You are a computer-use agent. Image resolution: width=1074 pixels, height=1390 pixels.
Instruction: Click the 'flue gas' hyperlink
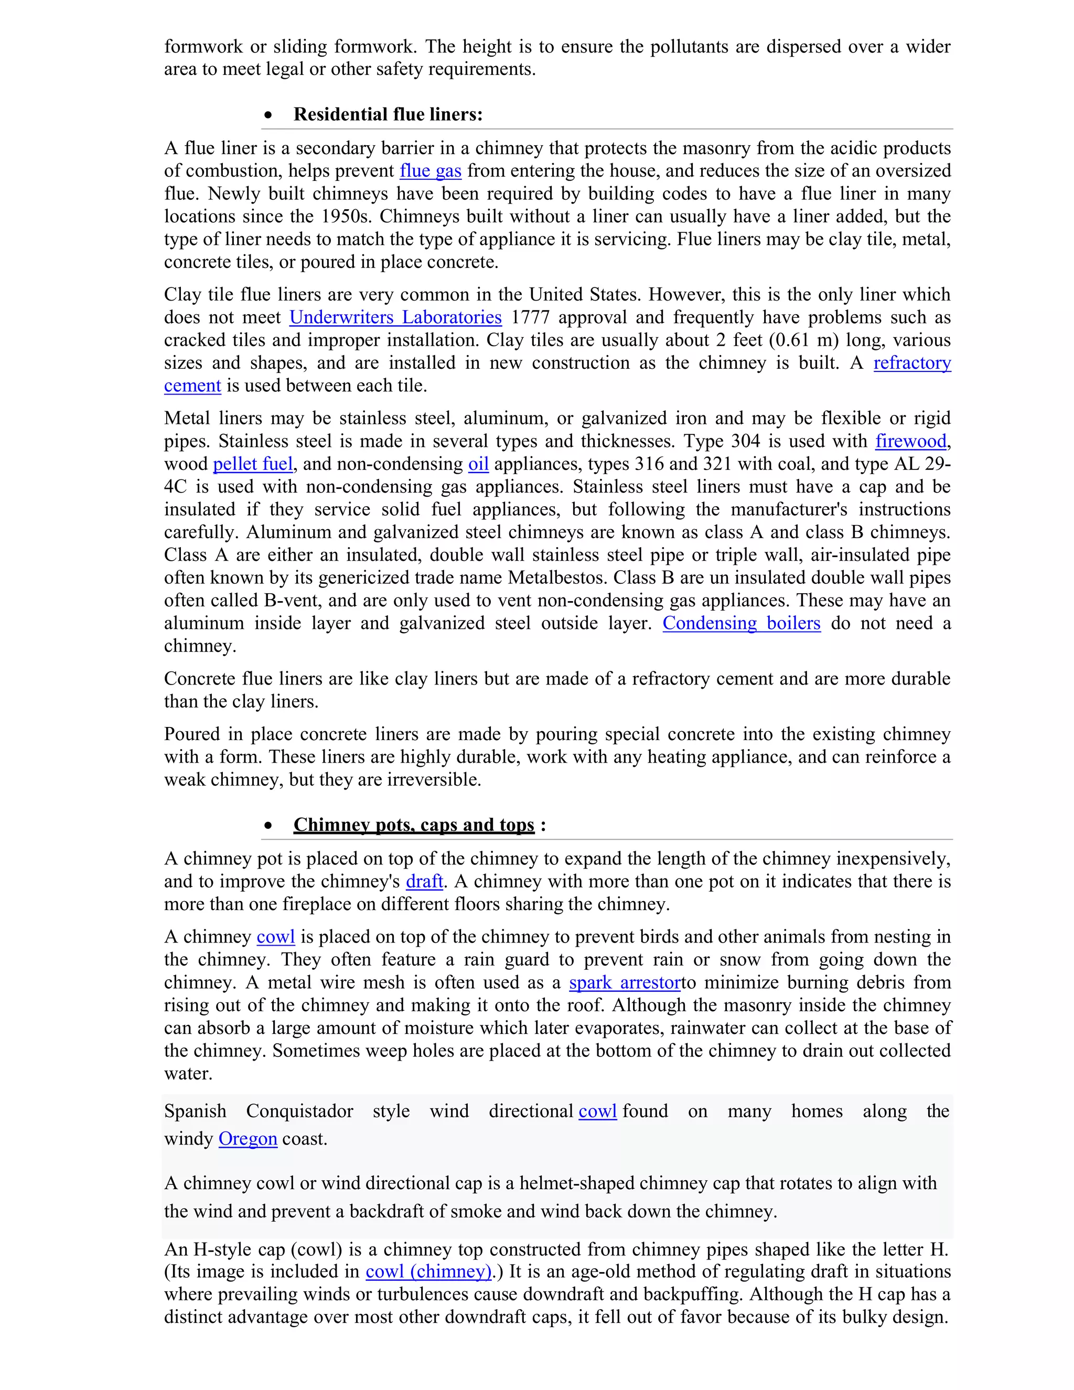pos(430,170)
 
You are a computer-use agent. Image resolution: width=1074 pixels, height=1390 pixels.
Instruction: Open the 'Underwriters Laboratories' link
pos(395,317)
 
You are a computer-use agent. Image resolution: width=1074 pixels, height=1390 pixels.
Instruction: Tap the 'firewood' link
pos(910,441)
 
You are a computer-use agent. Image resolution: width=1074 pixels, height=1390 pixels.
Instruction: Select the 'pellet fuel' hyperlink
pos(253,464)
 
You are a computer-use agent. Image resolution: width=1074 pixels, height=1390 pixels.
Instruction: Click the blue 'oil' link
pos(478,464)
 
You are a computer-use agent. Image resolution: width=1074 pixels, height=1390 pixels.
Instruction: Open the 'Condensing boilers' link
pos(741,623)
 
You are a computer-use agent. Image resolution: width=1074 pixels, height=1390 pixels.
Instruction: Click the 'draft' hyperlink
pos(424,882)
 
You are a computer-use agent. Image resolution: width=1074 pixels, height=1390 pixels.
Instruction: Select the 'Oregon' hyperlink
pos(248,1139)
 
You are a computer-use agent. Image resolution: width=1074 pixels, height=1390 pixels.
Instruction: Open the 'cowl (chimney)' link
pos(428,1271)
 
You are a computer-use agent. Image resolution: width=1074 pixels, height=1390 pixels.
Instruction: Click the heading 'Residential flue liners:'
pos(388,114)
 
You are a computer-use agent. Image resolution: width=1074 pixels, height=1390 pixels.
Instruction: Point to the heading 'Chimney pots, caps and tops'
pos(414,825)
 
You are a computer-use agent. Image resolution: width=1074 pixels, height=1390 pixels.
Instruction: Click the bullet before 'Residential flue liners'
pos(268,115)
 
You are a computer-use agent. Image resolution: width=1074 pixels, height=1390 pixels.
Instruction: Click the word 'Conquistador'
pos(299,1111)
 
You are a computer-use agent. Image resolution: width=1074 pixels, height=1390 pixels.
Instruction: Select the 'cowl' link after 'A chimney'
pos(275,937)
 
